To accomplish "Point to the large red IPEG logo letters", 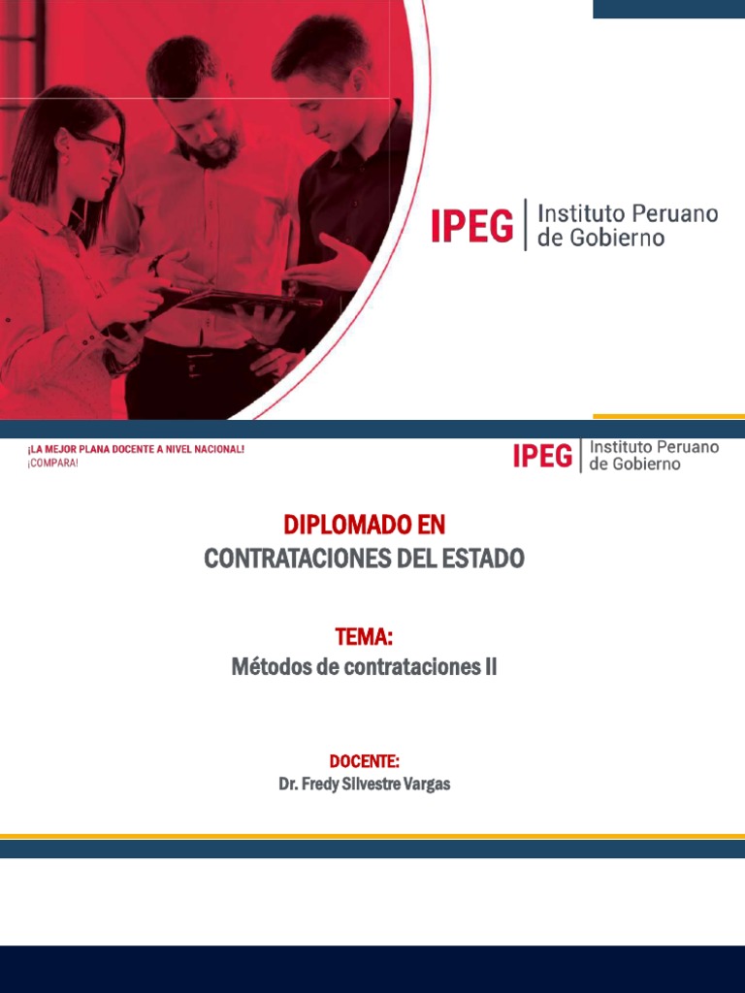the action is pyautogui.click(x=472, y=225).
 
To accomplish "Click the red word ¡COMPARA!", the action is pyautogui.click(x=52, y=463).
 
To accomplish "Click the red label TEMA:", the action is pyautogui.click(x=364, y=636).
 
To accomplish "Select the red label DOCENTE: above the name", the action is pyautogui.click(x=365, y=760).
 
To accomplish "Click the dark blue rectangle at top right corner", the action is pyautogui.click(x=669, y=9).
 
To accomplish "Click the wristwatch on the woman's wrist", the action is pyautogui.click(x=154, y=264).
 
